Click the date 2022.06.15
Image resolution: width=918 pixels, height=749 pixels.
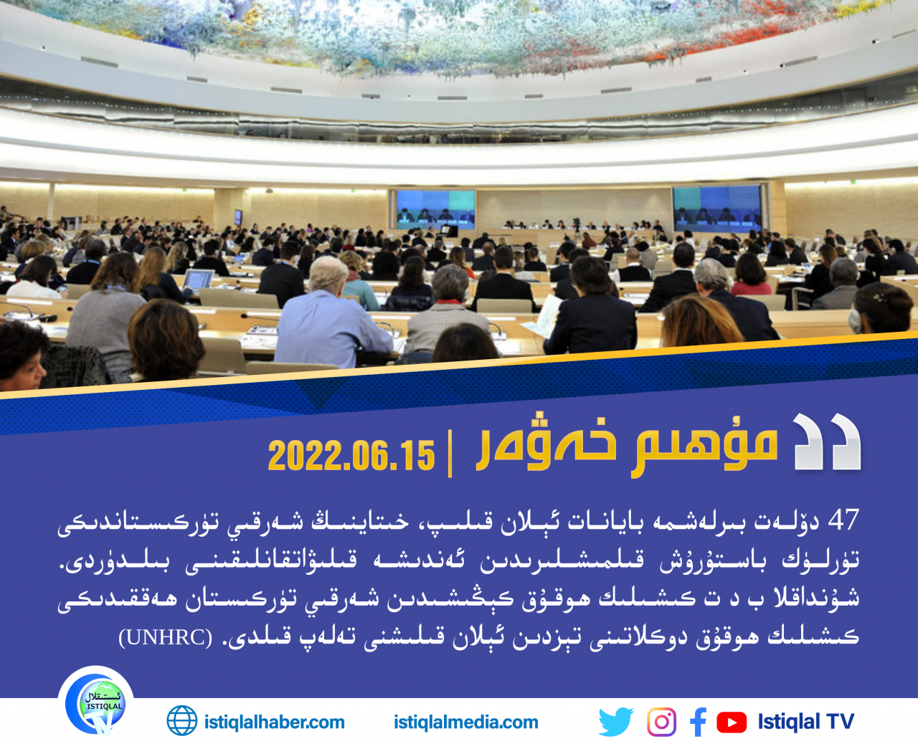(x=351, y=455)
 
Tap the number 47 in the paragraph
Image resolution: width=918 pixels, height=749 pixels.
(x=844, y=520)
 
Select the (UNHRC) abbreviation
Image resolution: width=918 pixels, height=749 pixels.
(x=166, y=637)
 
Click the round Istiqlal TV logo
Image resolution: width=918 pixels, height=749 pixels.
(x=97, y=703)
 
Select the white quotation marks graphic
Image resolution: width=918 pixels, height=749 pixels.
(x=826, y=442)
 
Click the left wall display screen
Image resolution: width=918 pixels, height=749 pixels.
(x=435, y=210)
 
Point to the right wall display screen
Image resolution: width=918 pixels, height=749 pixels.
(x=717, y=208)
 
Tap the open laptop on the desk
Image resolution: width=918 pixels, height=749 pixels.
(x=198, y=280)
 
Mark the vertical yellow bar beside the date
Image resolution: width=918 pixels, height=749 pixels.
(x=450, y=454)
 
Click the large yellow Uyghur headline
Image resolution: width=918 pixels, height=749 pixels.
(x=628, y=444)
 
